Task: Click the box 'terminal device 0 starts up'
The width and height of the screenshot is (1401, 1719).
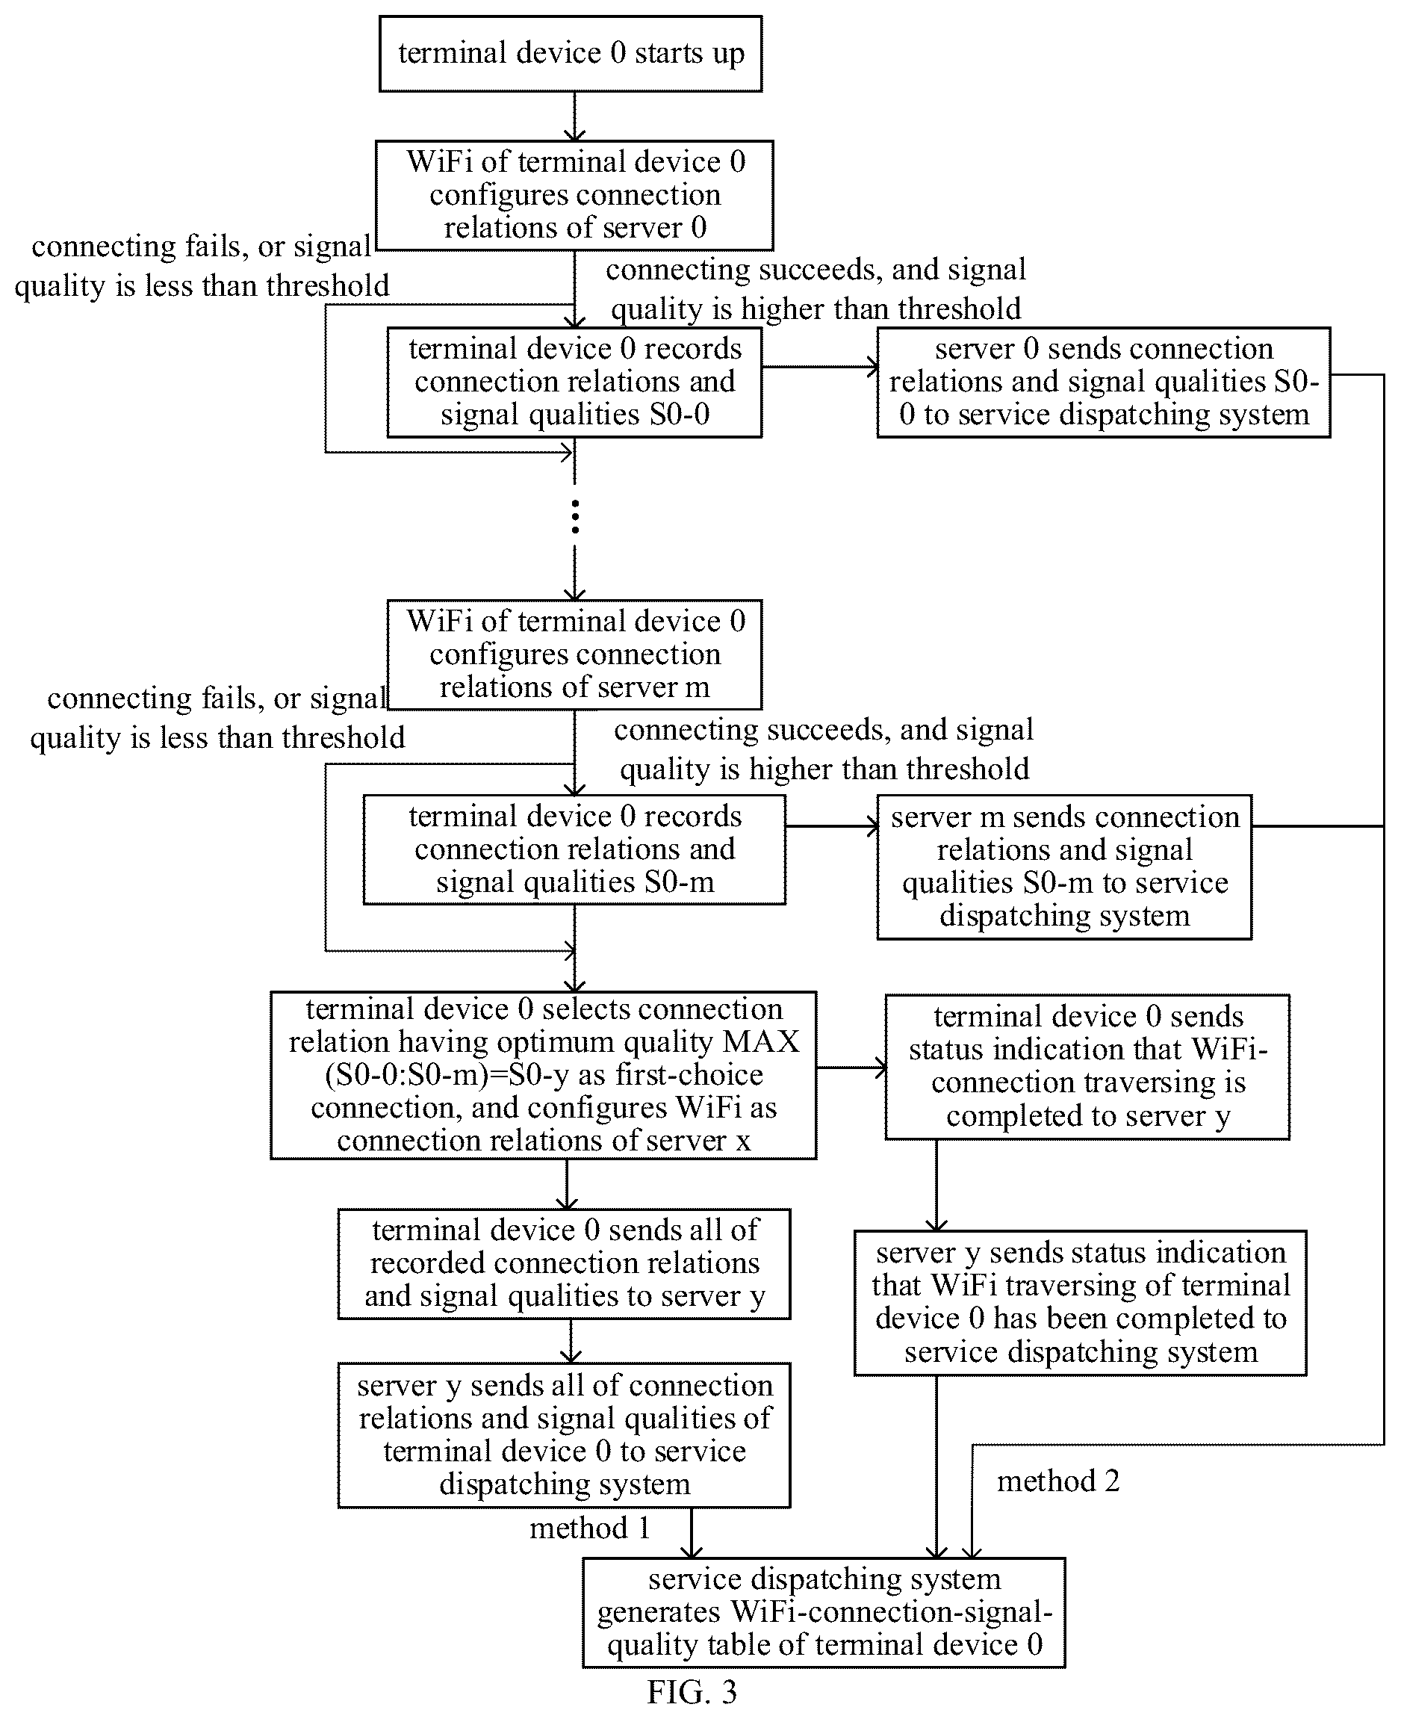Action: [x=571, y=53]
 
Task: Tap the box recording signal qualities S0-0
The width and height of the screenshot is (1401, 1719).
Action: [x=574, y=382]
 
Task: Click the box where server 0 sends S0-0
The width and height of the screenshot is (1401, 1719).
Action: [x=1104, y=382]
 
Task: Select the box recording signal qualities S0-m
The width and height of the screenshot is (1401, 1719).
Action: [x=574, y=849]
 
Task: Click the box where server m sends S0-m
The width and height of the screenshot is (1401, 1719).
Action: [x=1064, y=867]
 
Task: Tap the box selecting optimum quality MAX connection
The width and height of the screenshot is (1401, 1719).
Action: [x=543, y=1075]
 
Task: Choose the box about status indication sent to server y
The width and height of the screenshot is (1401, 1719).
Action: [x=1088, y=1067]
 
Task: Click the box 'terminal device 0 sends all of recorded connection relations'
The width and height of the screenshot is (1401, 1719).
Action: [x=564, y=1263]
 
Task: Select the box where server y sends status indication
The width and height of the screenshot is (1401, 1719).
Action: [x=1081, y=1302]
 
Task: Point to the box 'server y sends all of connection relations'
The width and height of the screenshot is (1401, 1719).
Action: [x=564, y=1435]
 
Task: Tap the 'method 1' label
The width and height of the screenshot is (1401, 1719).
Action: [x=590, y=1528]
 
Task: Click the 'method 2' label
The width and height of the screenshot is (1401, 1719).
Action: [x=1058, y=1481]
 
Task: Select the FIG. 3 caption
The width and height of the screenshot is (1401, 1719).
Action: [x=692, y=1691]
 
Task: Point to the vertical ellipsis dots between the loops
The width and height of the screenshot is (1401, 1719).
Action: [x=574, y=517]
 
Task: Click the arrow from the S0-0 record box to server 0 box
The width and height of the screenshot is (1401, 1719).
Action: [x=820, y=368]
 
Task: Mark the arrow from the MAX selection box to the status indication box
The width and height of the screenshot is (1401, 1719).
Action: [x=851, y=1068]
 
